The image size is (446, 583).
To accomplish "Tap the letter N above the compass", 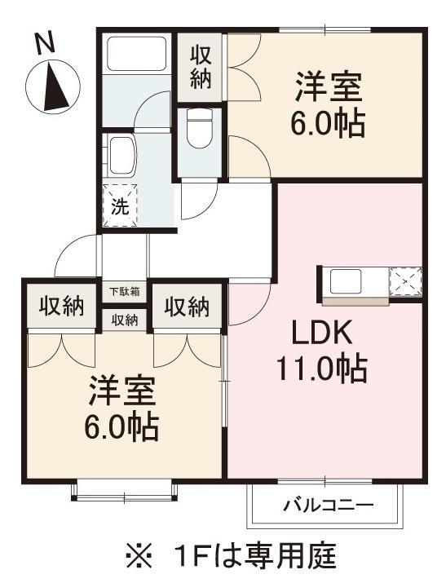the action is [45, 42].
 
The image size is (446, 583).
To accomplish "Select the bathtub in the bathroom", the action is [136, 53].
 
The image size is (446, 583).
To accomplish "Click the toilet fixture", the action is [199, 129].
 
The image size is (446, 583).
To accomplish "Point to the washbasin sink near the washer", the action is [121, 156].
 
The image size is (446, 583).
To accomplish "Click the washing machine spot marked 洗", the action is [121, 205].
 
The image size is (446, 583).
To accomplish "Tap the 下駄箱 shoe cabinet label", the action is [125, 292].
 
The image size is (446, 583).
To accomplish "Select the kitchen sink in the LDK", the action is [346, 280].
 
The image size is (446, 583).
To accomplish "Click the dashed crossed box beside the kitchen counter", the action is [405, 281].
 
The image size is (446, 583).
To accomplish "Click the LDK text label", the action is [322, 333].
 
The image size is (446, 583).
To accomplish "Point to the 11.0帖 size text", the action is [322, 369].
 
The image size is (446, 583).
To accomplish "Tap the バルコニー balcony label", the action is [329, 505].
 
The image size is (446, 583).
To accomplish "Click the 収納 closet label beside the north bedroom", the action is [201, 68].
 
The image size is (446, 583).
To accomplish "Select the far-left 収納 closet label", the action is [62, 307].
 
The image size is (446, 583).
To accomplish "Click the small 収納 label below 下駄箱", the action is [125, 320].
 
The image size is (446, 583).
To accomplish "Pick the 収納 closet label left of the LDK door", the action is [187, 307].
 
